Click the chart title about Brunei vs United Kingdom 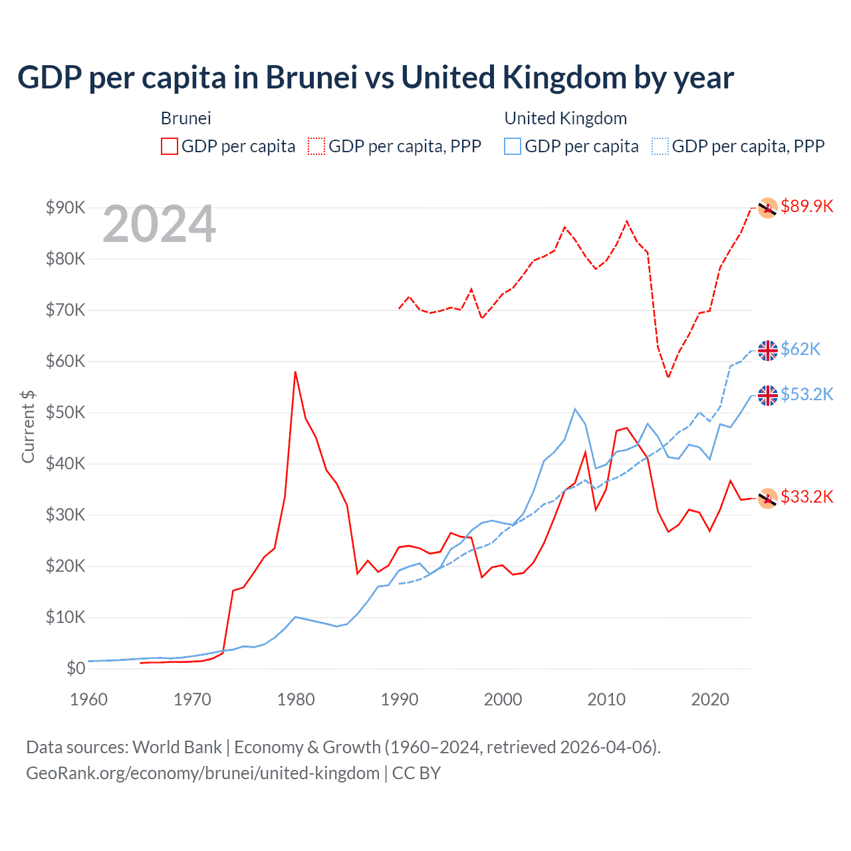tap(376, 78)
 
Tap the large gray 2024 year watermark tap(159, 224)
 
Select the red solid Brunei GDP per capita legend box tap(170, 146)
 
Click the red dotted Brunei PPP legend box tap(316, 146)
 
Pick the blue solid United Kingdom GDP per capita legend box tap(513, 146)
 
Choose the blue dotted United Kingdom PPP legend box tap(660, 146)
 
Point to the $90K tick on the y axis tap(65, 207)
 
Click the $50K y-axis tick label tap(65, 412)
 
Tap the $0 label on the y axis tap(75, 668)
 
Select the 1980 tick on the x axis tap(296, 699)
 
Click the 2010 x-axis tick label tap(606, 699)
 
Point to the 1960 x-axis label tap(88, 699)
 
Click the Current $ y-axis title tap(28, 426)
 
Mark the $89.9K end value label tap(806, 206)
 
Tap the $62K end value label tap(800, 349)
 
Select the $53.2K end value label tap(806, 394)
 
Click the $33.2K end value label tap(806, 497)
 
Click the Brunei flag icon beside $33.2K tap(768, 498)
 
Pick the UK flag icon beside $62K tap(768, 350)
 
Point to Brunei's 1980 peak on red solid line tap(295, 372)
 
